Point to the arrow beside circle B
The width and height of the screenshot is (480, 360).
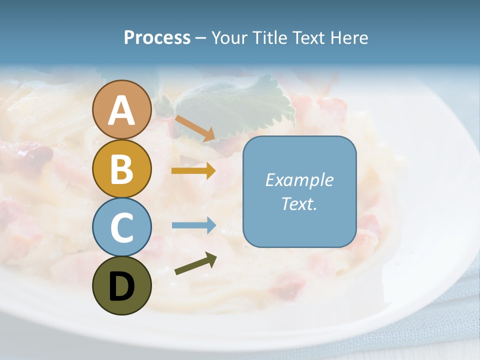click(193, 171)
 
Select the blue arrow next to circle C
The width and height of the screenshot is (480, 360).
click(193, 225)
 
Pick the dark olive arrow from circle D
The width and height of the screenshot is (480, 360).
click(195, 263)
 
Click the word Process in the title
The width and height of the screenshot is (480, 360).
click(157, 37)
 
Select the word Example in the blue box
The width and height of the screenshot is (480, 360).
click(299, 180)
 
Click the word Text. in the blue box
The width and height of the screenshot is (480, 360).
click(299, 204)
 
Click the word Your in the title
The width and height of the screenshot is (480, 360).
click(229, 37)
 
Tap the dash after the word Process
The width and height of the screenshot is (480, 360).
click(200, 38)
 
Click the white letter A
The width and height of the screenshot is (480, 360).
click(122, 111)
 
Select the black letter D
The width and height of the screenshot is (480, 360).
click(122, 286)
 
